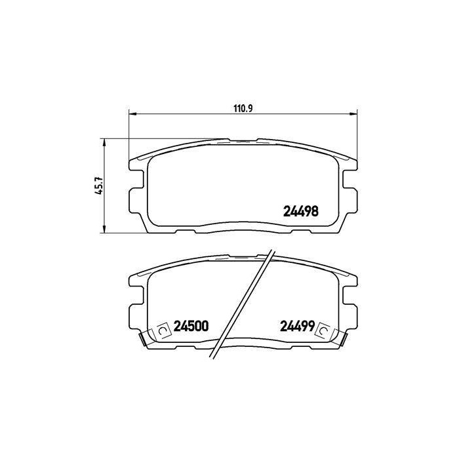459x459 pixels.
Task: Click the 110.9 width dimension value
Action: [243, 108]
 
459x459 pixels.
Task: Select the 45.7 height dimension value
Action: [99, 186]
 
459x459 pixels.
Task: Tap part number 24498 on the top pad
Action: [300, 211]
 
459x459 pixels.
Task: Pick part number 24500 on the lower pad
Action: [191, 326]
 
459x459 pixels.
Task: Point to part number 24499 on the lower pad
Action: [298, 326]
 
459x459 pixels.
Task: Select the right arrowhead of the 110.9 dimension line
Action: [353, 113]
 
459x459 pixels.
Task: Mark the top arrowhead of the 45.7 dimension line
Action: [104, 143]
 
